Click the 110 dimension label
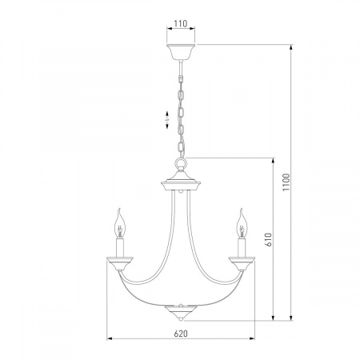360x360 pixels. coord(181,24)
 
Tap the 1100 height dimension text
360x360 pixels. coord(286,182)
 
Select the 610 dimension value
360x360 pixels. coord(269,239)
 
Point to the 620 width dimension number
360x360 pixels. coord(181,334)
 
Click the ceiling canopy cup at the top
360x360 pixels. coord(181,52)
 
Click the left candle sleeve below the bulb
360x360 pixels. coord(120,248)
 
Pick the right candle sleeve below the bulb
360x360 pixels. coord(242,248)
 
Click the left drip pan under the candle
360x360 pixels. coord(120,263)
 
